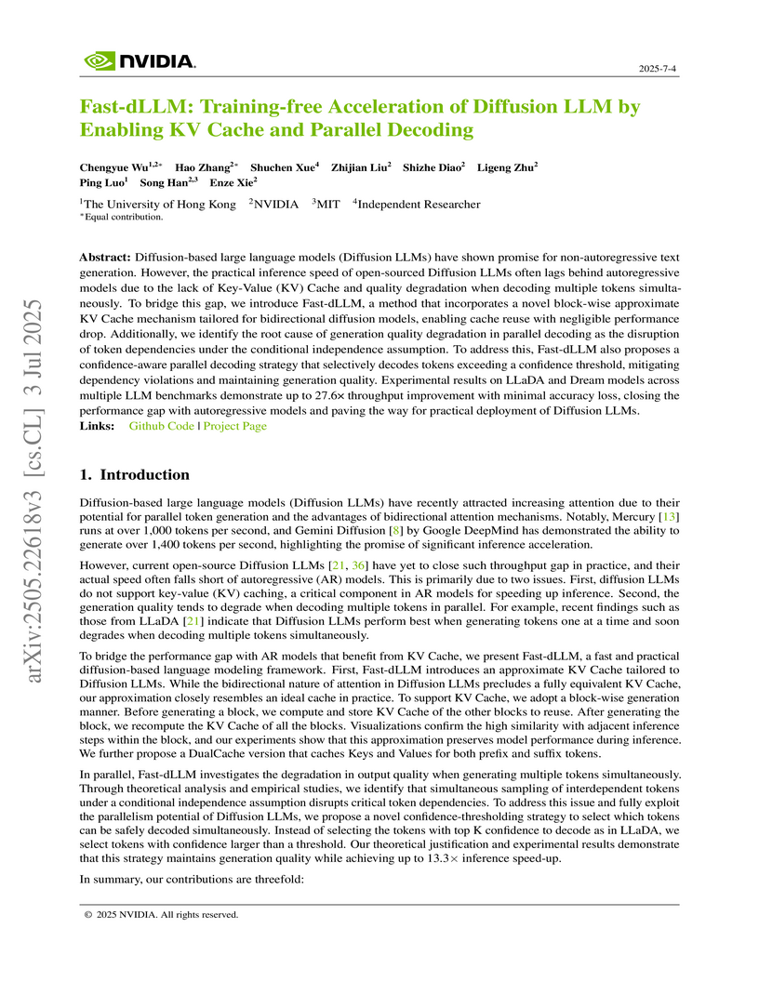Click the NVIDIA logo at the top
140,61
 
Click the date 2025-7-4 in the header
659,70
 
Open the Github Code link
162,426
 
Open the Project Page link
234,426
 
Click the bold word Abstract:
106,255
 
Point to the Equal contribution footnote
123,218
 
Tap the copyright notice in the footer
162,914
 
